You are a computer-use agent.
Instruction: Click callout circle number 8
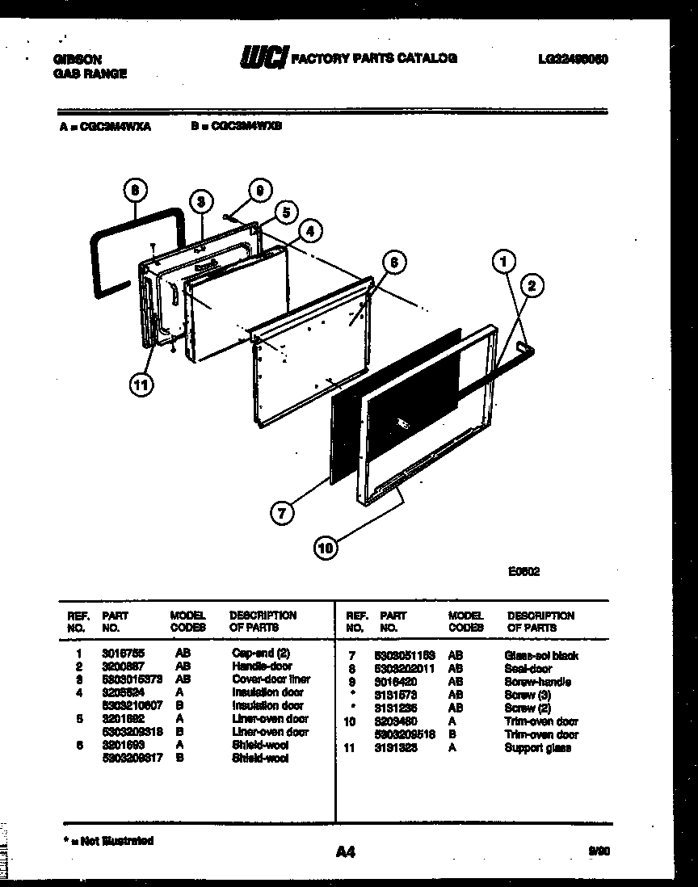pos(137,192)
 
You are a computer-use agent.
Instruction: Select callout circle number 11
pos(141,385)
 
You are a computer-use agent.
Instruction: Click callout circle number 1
pos(504,261)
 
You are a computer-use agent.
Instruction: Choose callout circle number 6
pos(393,262)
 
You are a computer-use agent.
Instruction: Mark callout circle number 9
pos(258,191)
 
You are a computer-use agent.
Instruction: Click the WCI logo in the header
pos(263,58)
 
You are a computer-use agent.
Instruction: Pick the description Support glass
pos(537,747)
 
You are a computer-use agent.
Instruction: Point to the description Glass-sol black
pos(541,655)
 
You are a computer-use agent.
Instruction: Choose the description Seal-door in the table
pos(528,668)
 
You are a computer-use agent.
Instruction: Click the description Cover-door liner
pos(271,679)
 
